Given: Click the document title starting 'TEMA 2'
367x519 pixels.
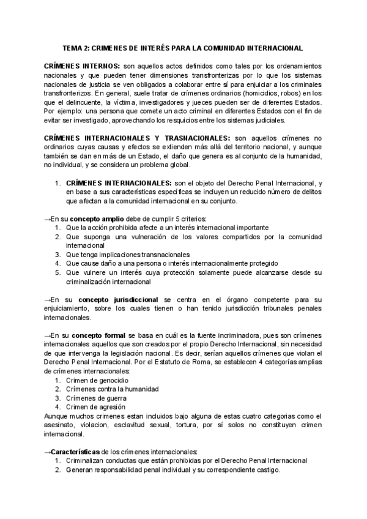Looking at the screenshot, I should pos(183,47).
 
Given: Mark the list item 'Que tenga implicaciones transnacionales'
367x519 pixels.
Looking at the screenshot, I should pos(127,254).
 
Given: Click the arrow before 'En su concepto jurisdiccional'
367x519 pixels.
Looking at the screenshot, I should pos(48,299).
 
